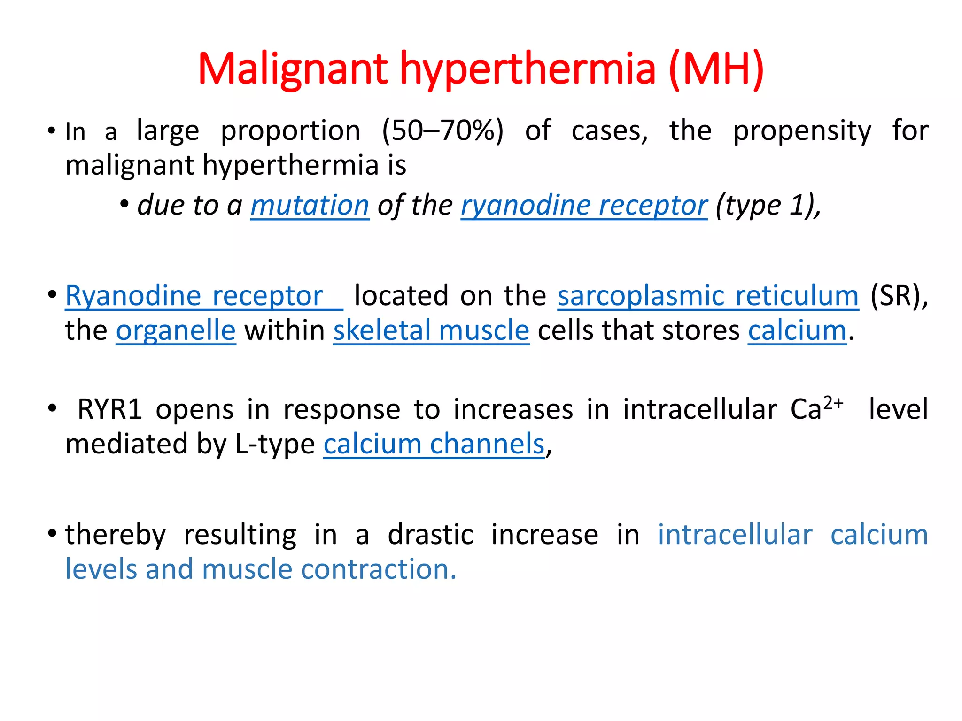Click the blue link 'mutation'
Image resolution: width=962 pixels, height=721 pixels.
click(x=310, y=206)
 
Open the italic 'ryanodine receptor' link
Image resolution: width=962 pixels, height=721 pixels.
click(x=584, y=206)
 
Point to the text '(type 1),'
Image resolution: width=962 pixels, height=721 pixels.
click(x=768, y=206)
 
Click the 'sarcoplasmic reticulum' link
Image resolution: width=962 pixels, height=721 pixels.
click(x=708, y=296)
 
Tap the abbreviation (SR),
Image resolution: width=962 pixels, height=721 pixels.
click(x=899, y=296)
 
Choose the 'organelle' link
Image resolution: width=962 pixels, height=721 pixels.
click(x=176, y=330)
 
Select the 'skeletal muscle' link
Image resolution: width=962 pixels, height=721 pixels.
click(x=431, y=330)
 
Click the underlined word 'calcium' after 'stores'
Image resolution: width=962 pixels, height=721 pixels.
click(x=797, y=330)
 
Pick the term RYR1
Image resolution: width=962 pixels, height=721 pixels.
click(x=110, y=409)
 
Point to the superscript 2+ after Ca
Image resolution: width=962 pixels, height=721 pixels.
click(x=834, y=403)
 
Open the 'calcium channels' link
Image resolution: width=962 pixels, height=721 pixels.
click(x=434, y=444)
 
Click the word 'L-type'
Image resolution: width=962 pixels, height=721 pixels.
click(x=275, y=444)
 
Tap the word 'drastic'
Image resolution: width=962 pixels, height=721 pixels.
click(x=430, y=535)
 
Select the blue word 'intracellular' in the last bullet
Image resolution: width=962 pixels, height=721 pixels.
click(x=735, y=535)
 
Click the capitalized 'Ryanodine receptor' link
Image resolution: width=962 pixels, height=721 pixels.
click(x=194, y=296)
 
